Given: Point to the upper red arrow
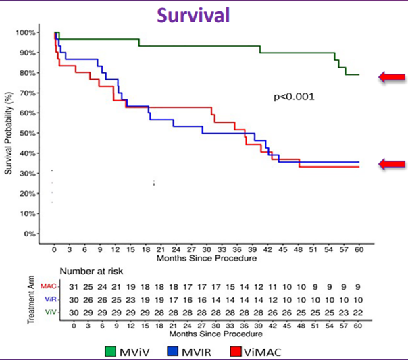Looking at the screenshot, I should coord(392,77).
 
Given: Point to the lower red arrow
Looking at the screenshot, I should coord(392,163).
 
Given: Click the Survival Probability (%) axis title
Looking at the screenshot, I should coord(9,132).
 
